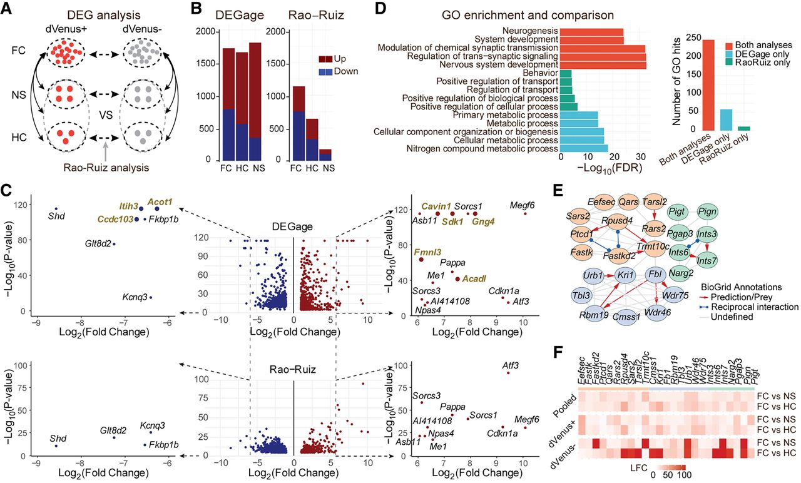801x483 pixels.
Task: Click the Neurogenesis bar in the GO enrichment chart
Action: point(591,31)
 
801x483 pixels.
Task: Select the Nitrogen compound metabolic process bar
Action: point(584,148)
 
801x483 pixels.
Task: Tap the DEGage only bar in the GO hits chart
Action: point(726,119)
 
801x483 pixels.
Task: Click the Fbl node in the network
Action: point(655,275)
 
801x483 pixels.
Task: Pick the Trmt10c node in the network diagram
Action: point(653,247)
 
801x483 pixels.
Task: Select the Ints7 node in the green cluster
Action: point(707,261)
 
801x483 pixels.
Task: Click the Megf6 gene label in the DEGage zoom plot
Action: point(522,205)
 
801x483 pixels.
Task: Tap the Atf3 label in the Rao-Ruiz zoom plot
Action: point(510,365)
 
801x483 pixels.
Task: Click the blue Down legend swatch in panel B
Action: point(325,71)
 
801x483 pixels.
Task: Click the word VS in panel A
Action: point(106,115)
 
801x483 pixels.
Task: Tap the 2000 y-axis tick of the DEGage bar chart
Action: point(205,31)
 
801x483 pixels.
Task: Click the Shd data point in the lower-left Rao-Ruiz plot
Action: point(56,446)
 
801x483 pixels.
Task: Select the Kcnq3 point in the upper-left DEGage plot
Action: point(151,297)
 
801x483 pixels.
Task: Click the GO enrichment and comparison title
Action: point(528,15)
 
